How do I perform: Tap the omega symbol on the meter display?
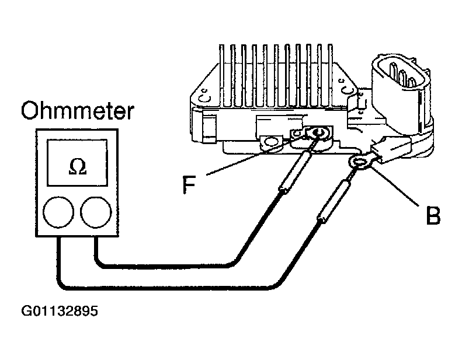75,166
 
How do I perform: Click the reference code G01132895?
60,312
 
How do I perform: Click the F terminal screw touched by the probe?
318,134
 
